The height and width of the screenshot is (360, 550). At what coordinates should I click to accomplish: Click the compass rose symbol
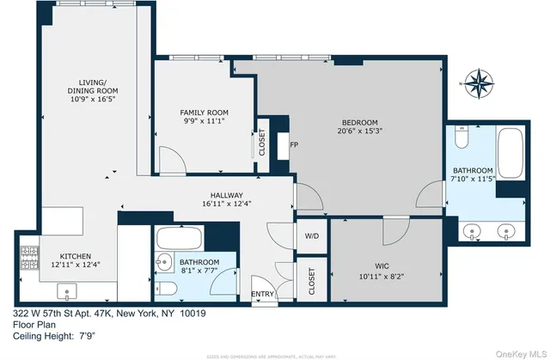[x=478, y=83]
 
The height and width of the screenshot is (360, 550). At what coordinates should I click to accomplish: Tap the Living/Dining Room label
[x=91, y=91]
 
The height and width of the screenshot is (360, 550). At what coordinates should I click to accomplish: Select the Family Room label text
[x=203, y=113]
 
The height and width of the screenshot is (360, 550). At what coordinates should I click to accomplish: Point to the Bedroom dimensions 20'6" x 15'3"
[x=358, y=131]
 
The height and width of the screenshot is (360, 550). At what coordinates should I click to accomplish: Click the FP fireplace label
[x=292, y=145]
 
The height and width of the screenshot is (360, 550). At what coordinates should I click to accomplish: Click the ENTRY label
[x=262, y=295]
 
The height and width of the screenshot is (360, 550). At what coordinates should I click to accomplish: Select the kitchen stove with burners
[x=27, y=255]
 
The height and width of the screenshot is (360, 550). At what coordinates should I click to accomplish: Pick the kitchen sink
[x=68, y=290]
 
